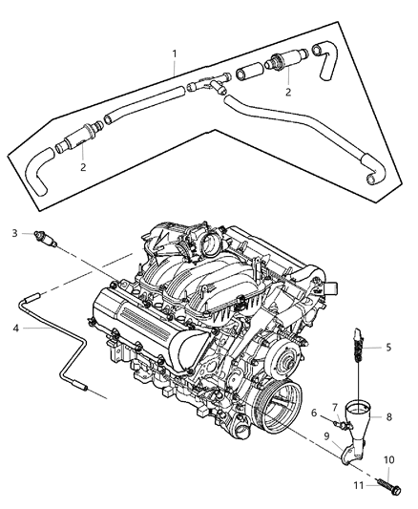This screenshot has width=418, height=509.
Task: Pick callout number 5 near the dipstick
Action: pyautogui.click(x=387, y=348)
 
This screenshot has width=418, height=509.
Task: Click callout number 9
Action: pyautogui.click(x=326, y=435)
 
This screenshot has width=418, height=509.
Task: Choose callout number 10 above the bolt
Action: pyautogui.click(x=387, y=460)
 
